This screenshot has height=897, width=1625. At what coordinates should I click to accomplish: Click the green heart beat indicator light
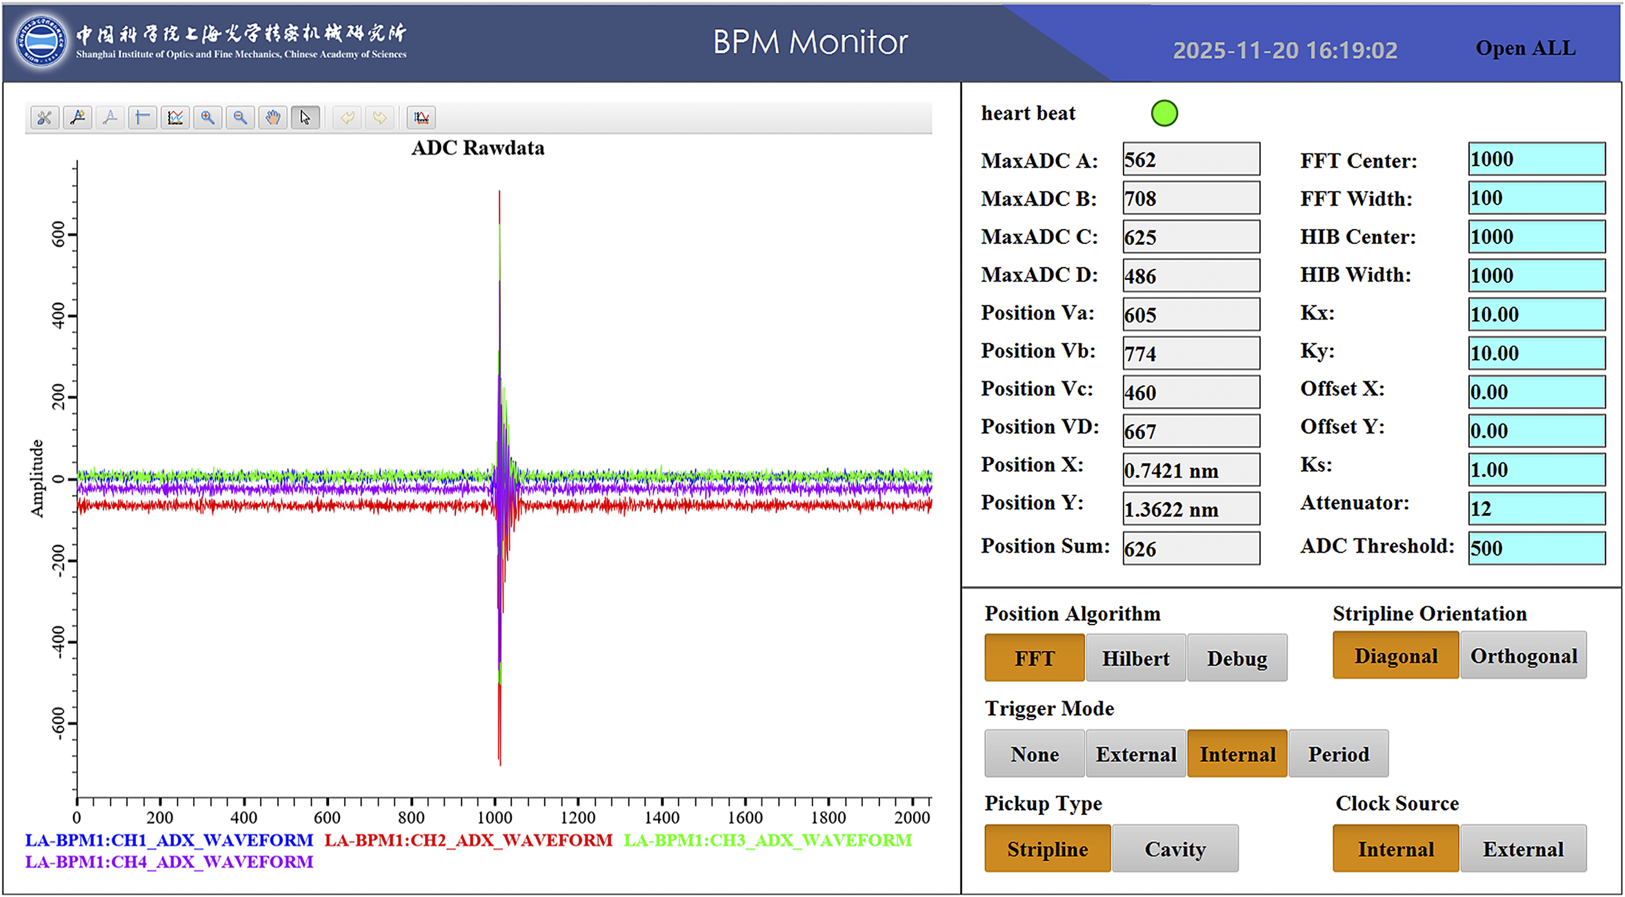[1164, 113]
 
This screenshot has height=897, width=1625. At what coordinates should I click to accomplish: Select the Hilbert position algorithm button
[1135, 658]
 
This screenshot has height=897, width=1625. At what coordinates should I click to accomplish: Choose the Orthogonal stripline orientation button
[1524, 656]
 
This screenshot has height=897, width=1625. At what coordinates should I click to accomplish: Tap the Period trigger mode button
[1338, 754]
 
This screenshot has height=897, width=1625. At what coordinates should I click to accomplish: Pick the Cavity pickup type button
[1175, 849]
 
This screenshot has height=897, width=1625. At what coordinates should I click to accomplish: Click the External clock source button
[1524, 849]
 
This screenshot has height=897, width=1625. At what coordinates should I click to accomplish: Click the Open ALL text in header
[1526, 48]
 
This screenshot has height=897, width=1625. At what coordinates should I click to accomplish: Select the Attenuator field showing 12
[1537, 509]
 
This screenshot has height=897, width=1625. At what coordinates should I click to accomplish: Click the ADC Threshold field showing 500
[1537, 548]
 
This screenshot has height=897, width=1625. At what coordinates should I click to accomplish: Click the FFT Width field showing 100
[1537, 198]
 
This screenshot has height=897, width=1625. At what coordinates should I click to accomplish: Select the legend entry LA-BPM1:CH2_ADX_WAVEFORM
[468, 840]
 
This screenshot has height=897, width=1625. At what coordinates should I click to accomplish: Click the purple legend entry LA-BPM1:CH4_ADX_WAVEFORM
[169, 862]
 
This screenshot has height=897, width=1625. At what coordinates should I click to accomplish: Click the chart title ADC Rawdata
[478, 148]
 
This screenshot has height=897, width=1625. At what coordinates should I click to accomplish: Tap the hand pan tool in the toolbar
[273, 118]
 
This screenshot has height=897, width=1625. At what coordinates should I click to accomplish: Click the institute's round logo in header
[41, 41]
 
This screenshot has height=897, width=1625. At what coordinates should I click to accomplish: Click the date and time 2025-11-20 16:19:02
[1285, 50]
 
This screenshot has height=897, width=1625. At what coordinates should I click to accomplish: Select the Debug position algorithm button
[1237, 658]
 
